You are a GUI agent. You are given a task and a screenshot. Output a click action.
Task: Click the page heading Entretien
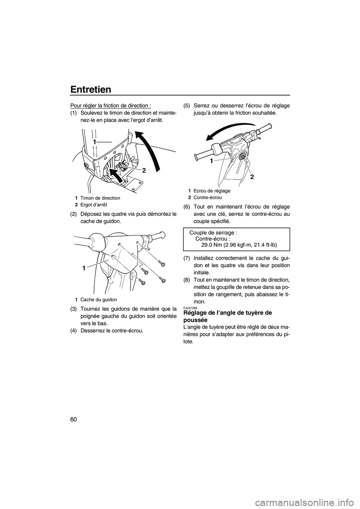(x=90, y=89)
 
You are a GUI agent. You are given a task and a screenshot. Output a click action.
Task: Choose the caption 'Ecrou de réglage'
(x=212, y=191)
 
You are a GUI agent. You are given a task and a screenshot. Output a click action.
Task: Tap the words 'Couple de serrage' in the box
(x=213, y=232)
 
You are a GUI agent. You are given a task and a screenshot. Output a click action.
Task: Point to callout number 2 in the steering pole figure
(x=144, y=170)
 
